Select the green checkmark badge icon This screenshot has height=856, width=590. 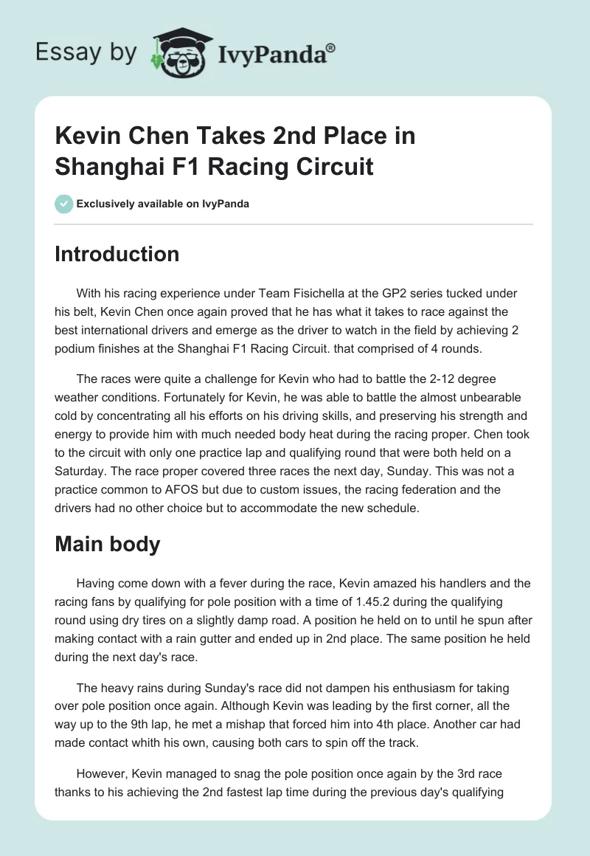pos(63,204)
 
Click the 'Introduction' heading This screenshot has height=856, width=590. pos(117,254)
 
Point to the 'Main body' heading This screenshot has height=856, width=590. pos(108,545)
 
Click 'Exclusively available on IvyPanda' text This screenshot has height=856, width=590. pos(163,204)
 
